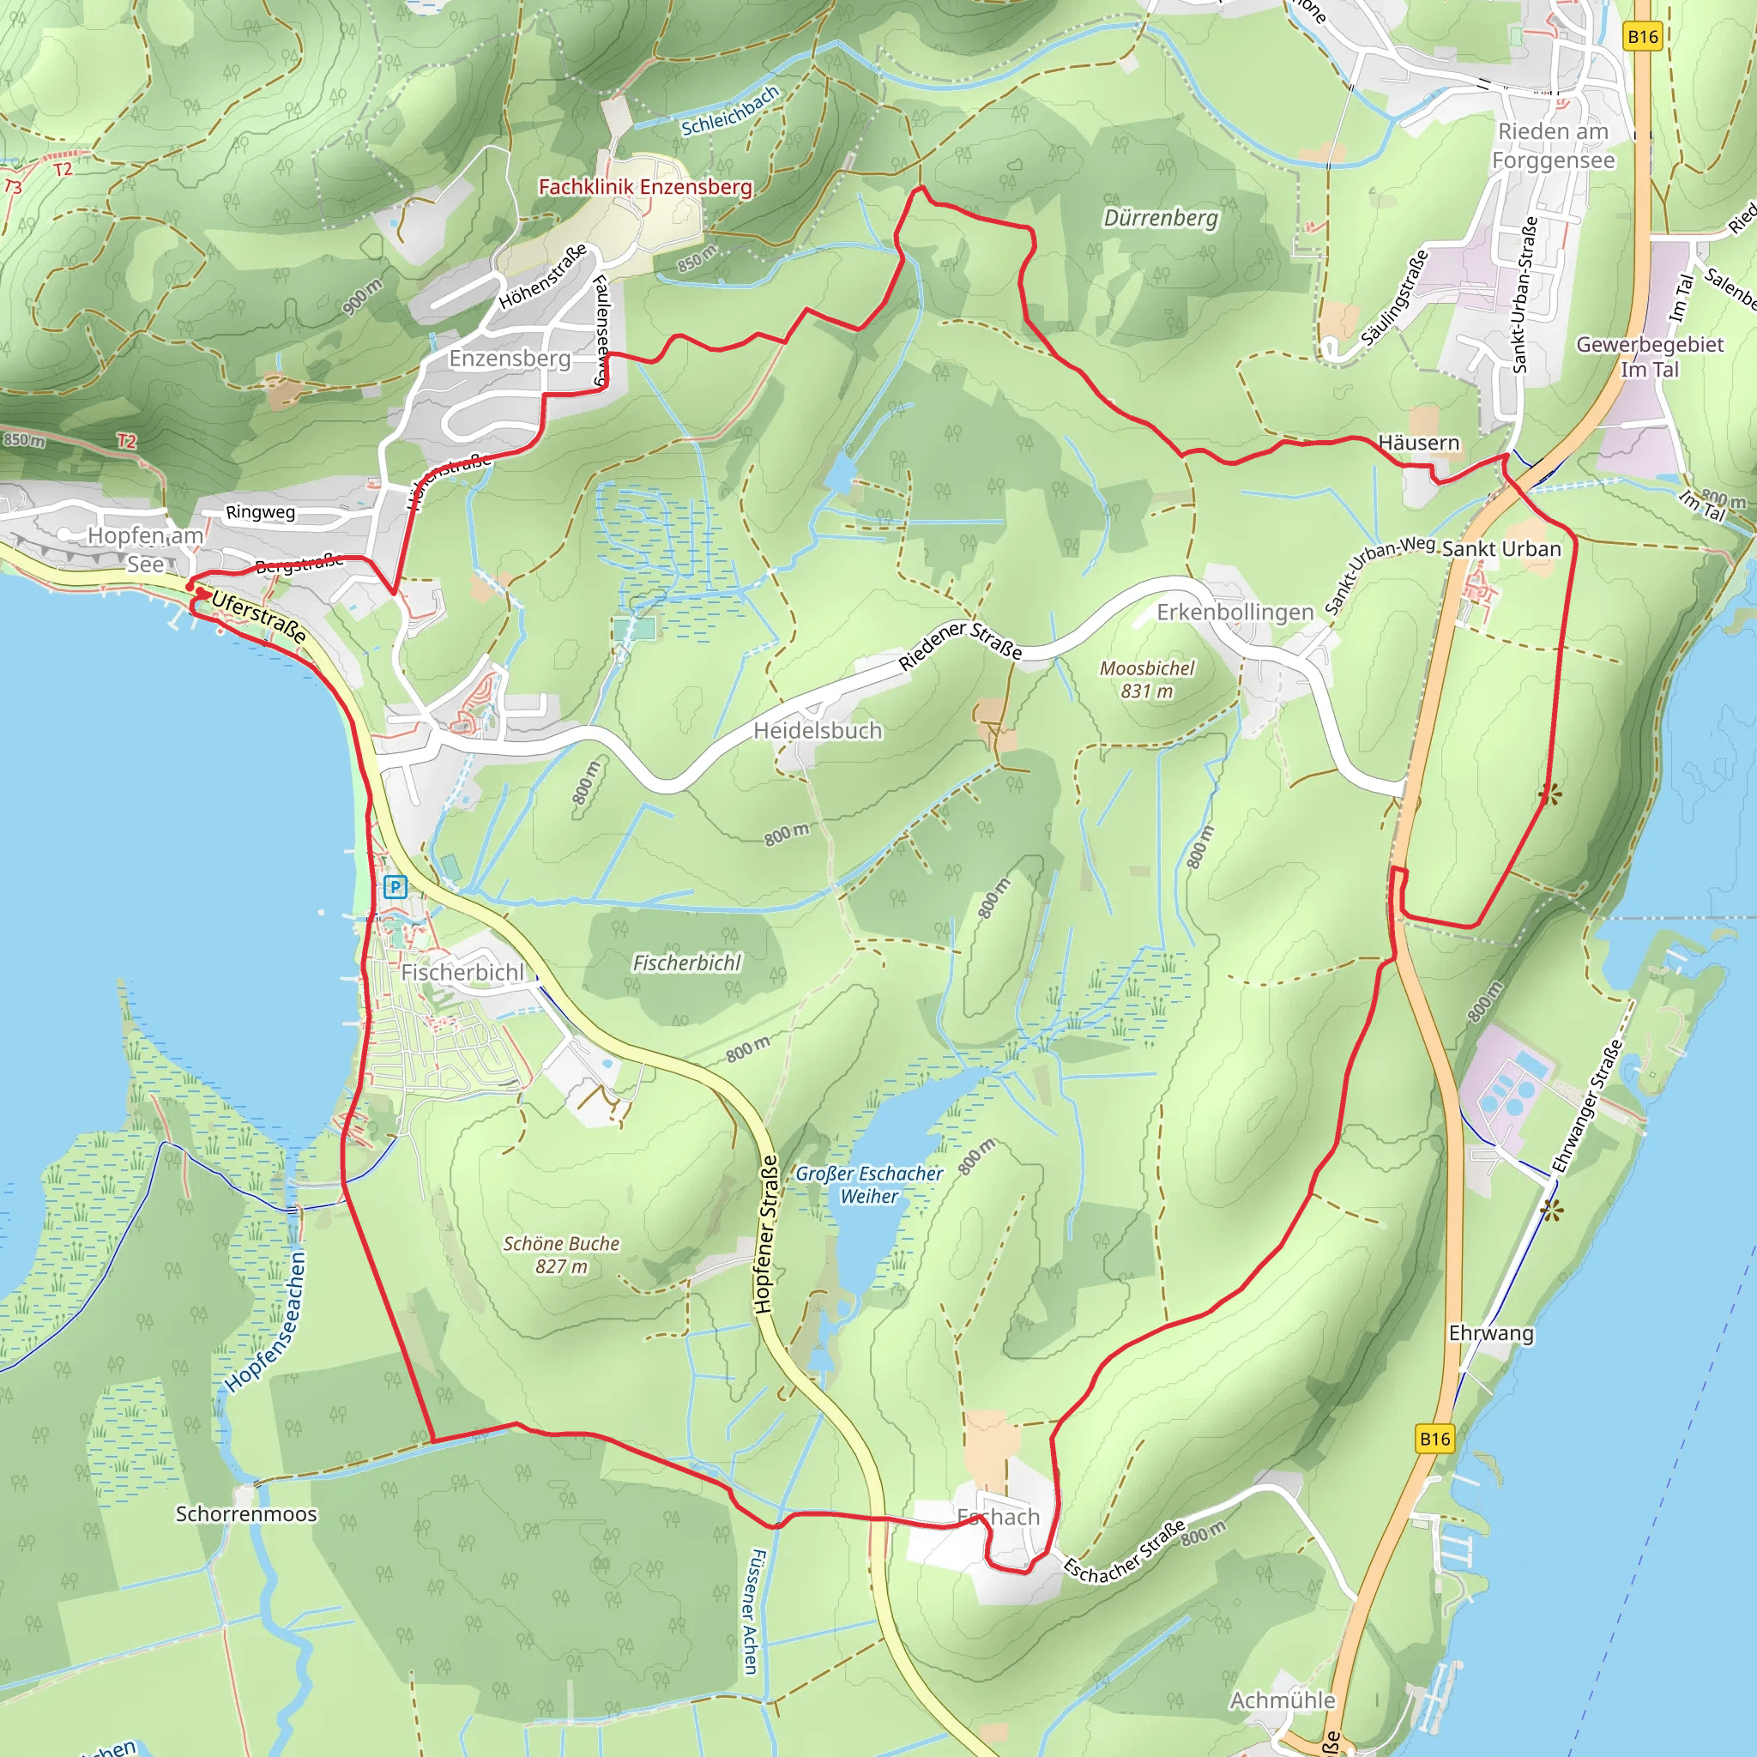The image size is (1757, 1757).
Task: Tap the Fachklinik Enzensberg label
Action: [645, 186]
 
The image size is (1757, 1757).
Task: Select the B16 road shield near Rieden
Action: [1642, 36]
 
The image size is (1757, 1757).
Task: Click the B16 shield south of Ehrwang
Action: [1435, 1438]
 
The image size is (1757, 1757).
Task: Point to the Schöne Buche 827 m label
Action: [561, 1254]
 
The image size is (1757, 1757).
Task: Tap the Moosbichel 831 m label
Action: [1147, 679]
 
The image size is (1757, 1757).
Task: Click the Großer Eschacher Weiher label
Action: [868, 1184]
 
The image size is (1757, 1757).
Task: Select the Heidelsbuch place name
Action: [818, 730]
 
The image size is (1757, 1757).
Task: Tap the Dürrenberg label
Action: [1160, 218]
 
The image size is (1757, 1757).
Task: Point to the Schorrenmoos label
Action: [245, 1513]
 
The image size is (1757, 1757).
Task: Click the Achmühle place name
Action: [1283, 1700]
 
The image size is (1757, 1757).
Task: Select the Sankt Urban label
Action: [1500, 548]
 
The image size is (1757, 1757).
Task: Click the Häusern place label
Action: [1418, 443]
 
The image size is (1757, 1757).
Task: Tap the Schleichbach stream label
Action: [730, 111]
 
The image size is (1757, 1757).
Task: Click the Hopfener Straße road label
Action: [767, 1234]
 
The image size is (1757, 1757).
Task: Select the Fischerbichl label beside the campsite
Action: [462, 972]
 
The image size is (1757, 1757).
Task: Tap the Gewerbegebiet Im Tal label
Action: [1649, 357]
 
